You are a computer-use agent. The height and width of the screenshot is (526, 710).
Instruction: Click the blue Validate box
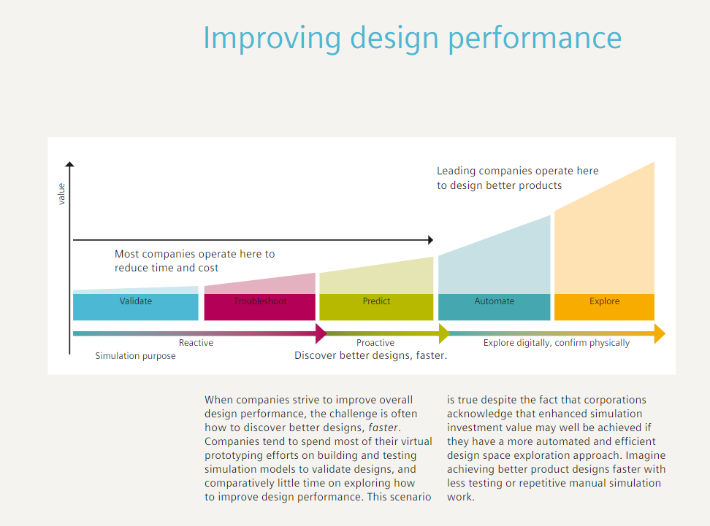[x=136, y=307]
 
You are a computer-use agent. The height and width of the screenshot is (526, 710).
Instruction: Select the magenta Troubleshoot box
[x=259, y=307]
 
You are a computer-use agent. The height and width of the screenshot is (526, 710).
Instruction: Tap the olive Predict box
[x=376, y=307]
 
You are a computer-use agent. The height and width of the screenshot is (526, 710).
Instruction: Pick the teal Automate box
[x=494, y=307]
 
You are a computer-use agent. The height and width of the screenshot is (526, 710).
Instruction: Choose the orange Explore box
[x=604, y=307]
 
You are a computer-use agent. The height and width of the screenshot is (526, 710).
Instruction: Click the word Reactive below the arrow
[x=196, y=343]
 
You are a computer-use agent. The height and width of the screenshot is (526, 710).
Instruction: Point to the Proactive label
[x=375, y=343]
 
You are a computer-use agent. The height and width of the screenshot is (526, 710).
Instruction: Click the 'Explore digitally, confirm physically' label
[x=556, y=343]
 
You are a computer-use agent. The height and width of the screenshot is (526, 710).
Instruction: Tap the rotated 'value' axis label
[x=61, y=193]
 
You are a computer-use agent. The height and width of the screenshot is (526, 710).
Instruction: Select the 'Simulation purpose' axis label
[x=135, y=356]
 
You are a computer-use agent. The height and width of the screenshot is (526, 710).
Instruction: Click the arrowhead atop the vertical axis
[x=69, y=166]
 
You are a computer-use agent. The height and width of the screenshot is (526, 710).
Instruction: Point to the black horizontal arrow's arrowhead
[x=430, y=239]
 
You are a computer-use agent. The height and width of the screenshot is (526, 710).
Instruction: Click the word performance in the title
[x=534, y=38]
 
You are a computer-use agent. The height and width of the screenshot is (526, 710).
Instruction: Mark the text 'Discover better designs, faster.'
[x=370, y=355]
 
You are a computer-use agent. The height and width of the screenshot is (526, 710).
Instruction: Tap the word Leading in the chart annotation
[x=456, y=171]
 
